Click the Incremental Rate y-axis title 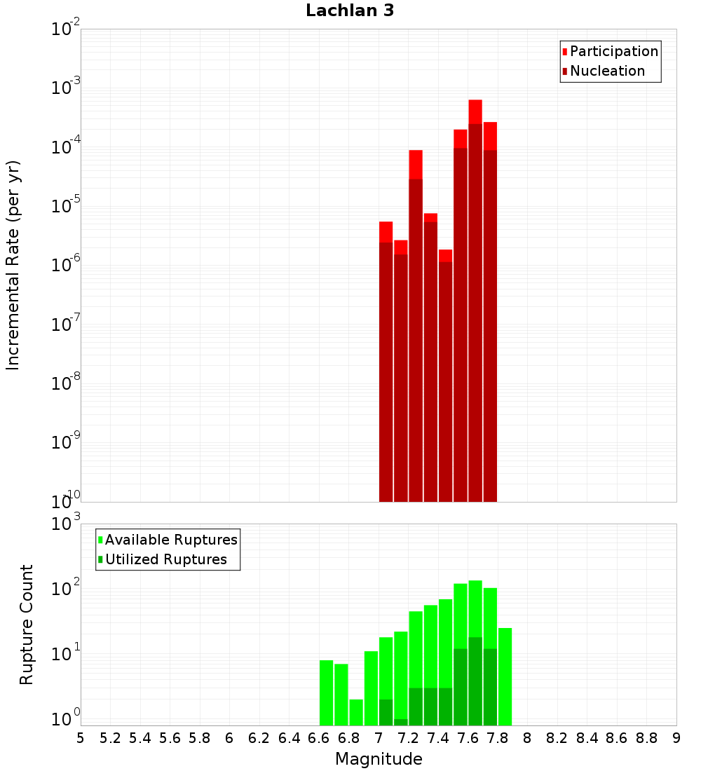pos(13,265)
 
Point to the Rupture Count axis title pos(27,624)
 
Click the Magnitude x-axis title pos(379,759)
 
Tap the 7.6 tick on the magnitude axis pos(468,738)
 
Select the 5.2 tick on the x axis pos(110,738)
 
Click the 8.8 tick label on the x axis pos(646,738)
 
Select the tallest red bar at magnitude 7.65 pos(475,301)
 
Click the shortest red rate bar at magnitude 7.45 pos(445,378)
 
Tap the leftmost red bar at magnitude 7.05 pos(386,364)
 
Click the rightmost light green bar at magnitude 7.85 pos(505,676)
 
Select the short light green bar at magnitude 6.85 pos(356,712)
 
